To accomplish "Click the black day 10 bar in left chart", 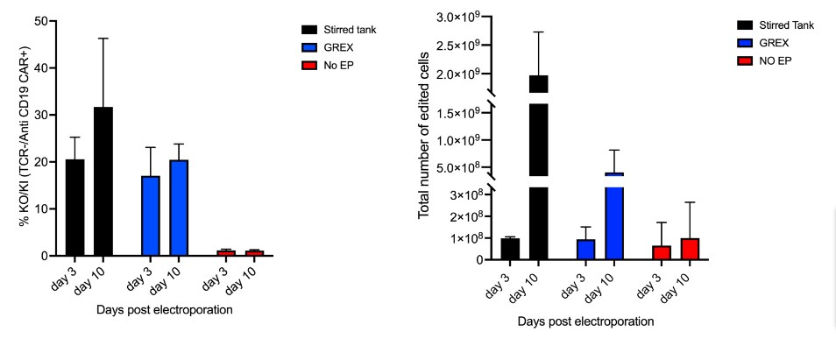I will point(103,181).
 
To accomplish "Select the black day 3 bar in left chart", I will point(74,208).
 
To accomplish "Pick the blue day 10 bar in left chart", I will point(179,208).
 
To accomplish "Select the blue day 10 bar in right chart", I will point(613,219).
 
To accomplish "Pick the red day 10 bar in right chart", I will point(691,249).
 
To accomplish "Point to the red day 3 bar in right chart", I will point(662,252).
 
